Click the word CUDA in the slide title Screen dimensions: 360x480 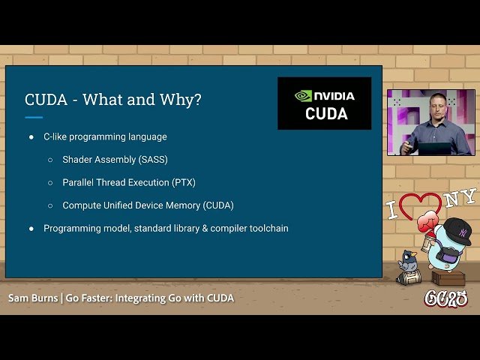46,100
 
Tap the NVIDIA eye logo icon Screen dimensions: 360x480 303,96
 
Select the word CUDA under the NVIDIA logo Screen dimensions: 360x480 326,114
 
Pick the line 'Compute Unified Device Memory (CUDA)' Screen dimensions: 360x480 148,205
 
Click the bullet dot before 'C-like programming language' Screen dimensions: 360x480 31,137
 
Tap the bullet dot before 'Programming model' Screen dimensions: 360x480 31,228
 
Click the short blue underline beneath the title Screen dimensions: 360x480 34,117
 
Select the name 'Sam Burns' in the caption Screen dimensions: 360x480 33,298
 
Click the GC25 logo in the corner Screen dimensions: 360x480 446,298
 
